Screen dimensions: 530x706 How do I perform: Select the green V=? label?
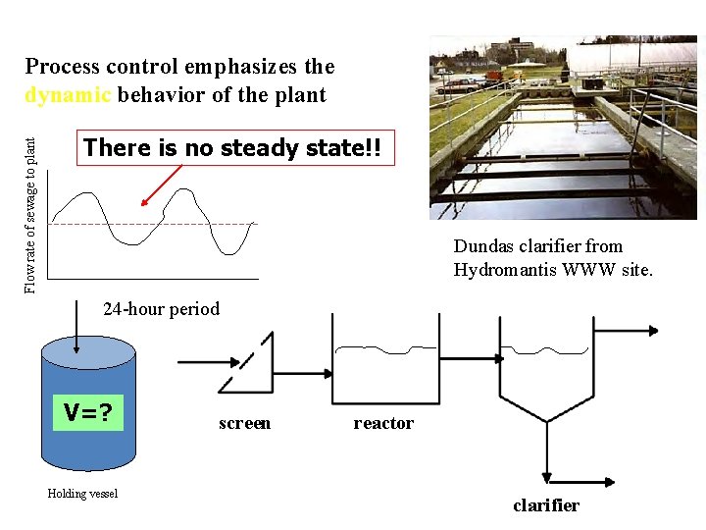[x=89, y=411]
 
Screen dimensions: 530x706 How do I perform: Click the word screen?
[x=244, y=423]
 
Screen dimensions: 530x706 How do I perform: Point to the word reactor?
[x=383, y=423]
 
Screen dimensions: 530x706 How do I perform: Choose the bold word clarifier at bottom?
[x=546, y=505]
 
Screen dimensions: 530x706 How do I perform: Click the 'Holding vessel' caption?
[x=82, y=494]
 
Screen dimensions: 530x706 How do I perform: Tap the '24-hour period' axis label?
[x=162, y=309]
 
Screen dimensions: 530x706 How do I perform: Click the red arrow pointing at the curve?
[x=162, y=185]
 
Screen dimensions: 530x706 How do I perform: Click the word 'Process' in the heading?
[x=63, y=67]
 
